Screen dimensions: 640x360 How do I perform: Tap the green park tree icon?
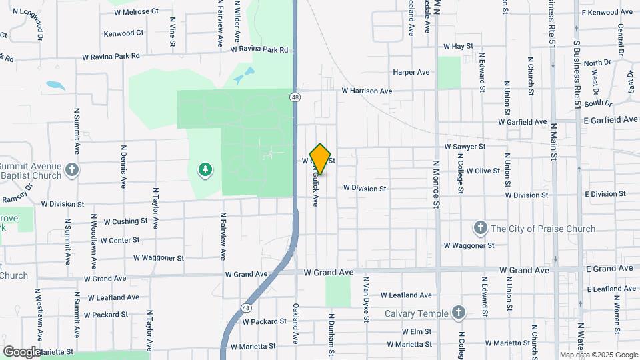coord(205,170)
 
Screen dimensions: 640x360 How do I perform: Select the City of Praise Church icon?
coord(479,229)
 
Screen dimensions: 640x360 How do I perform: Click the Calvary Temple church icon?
coord(458,312)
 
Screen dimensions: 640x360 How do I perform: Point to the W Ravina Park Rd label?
coord(259,50)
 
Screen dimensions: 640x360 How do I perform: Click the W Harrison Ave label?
coord(367,91)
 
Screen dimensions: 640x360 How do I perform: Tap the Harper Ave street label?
coord(411,72)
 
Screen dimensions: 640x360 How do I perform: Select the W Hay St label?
coord(458,47)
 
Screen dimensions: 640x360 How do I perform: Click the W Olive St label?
coord(483,171)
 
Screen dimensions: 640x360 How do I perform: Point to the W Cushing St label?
coord(121,221)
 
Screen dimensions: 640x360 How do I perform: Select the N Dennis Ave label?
coord(124,167)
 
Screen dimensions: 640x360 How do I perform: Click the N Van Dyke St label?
coord(366,299)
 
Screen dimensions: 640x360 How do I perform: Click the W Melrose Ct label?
coord(137,11)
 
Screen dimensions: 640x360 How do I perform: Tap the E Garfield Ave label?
coord(610,120)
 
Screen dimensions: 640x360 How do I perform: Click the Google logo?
coord(23,352)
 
